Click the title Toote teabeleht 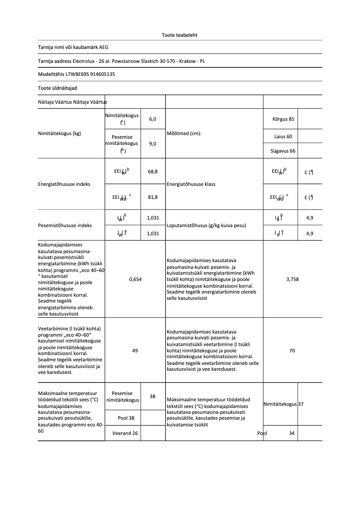(180, 35)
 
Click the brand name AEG (104, 47)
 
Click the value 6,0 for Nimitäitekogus (153, 119)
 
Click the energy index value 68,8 (153, 171)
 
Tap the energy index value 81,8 (153, 197)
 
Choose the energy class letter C (306, 172)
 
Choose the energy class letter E (306, 197)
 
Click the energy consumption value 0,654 (135, 279)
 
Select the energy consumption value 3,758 (292, 279)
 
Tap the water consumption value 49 (135, 351)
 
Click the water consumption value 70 (292, 351)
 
